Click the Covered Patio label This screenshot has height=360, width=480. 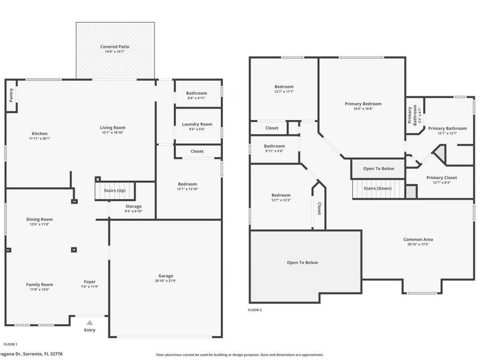115,47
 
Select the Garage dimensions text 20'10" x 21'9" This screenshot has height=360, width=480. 166,281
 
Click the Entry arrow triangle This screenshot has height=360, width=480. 90,322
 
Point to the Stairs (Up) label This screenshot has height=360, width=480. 114,190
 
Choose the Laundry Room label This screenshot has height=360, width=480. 197,124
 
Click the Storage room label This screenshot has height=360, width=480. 133,206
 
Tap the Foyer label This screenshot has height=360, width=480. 90,282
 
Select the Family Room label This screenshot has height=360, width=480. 39,284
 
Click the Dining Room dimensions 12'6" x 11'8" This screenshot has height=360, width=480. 39,224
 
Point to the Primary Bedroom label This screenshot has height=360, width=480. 363,104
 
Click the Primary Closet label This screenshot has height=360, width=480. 442,178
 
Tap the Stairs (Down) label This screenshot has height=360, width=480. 378,188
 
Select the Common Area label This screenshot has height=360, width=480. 418,239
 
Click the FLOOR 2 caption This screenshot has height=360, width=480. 255,310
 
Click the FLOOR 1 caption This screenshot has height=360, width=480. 11,345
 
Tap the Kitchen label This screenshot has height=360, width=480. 39,133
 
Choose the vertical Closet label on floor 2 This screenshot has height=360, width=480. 319,209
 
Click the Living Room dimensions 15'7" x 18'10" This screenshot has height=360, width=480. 113,132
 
